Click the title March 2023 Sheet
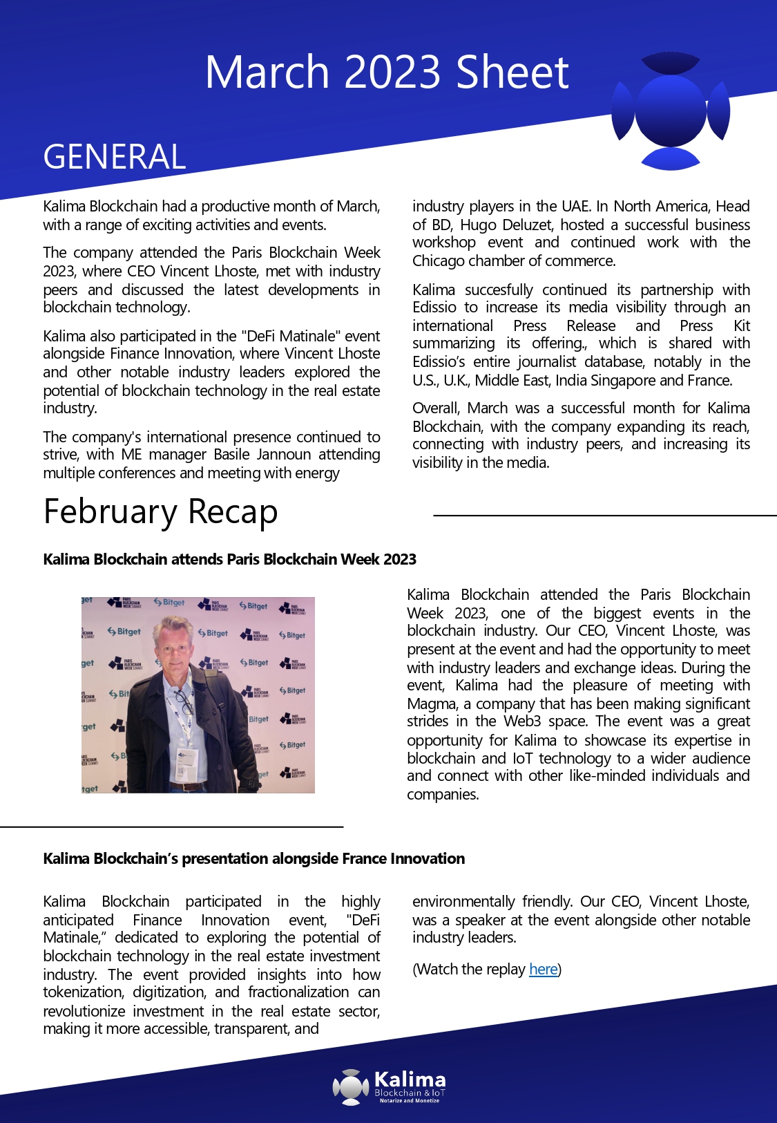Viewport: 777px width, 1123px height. pyautogui.click(x=387, y=72)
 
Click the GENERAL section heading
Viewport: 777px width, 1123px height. pyautogui.click(x=115, y=157)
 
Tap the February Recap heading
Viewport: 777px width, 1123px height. pyautogui.click(x=160, y=512)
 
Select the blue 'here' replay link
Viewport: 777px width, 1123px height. pyautogui.click(x=543, y=969)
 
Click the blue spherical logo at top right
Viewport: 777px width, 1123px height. pyautogui.click(x=671, y=111)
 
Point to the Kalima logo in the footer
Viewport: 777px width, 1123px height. pyautogui.click(x=390, y=1086)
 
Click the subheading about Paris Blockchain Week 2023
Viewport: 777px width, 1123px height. pyautogui.click(x=229, y=559)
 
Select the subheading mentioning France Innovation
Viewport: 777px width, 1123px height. pyautogui.click(x=253, y=858)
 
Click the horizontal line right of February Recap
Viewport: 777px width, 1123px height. pyautogui.click(x=604, y=515)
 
